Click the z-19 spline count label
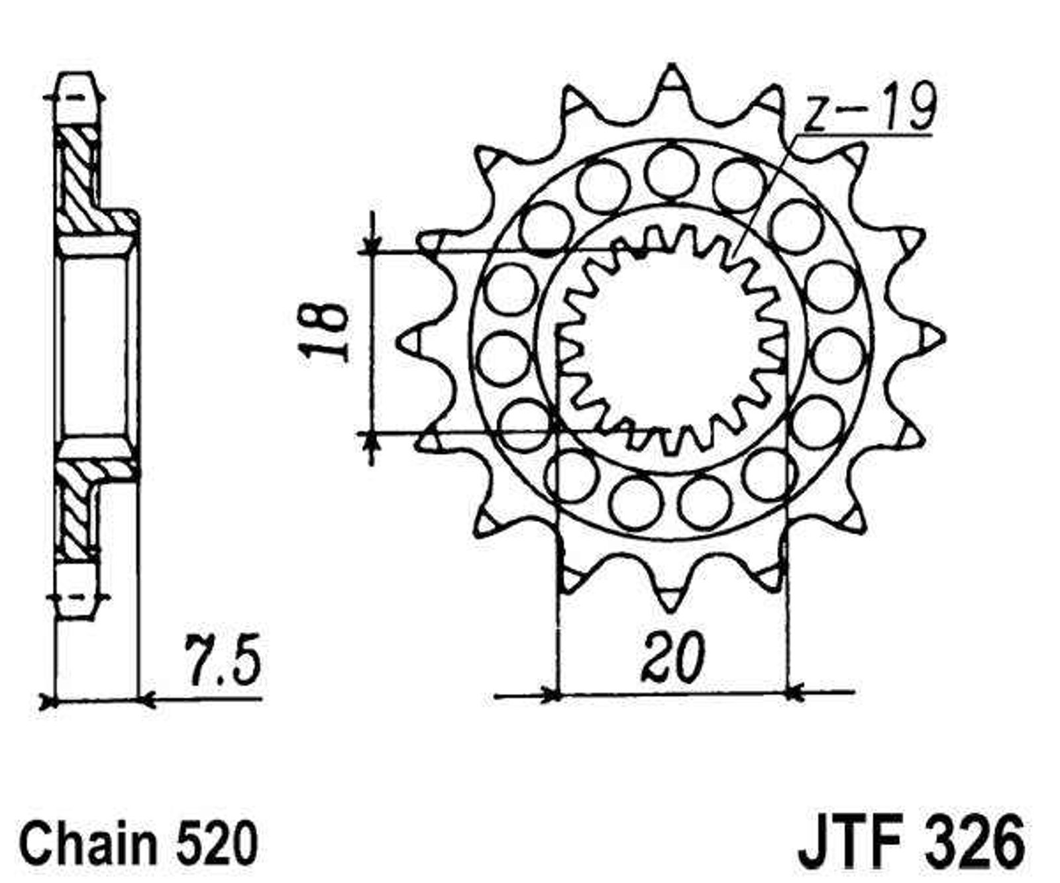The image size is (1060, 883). (869, 109)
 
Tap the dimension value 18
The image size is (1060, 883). (324, 331)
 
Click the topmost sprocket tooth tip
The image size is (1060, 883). (672, 66)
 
